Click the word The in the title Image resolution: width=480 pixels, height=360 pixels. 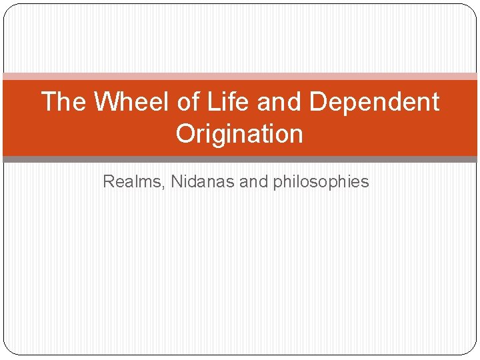point(63,102)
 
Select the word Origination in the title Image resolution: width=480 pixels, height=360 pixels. point(239,134)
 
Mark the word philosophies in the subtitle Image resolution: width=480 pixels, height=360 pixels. point(321,181)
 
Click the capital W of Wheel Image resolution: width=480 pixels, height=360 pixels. point(107,102)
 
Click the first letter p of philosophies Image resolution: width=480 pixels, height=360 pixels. point(277,183)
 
